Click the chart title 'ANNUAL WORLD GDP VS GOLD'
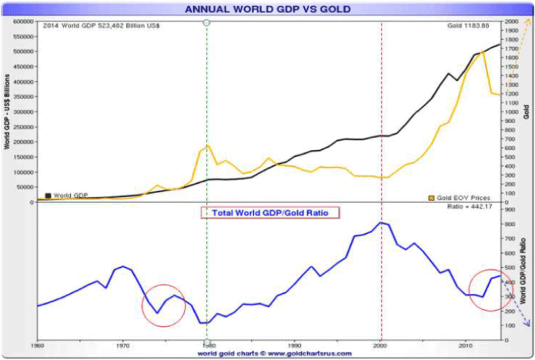[x=267, y=9]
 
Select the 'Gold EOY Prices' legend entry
[x=461, y=198]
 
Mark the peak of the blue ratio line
[x=381, y=222]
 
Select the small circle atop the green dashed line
[x=206, y=22]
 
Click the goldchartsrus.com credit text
[x=275, y=354]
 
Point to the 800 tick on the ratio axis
[x=509, y=224]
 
